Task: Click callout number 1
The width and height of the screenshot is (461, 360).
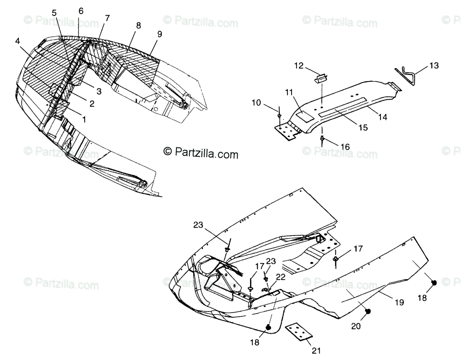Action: pyautogui.click(x=84, y=119)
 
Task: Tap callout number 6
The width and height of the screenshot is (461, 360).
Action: pyautogui.click(x=81, y=11)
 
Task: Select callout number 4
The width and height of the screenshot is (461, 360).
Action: pyautogui.click(x=17, y=41)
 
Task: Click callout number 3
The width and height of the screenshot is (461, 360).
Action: pyautogui.click(x=99, y=91)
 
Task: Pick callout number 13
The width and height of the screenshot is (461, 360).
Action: pyautogui.click(x=434, y=65)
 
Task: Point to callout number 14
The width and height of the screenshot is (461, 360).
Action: pyautogui.click(x=382, y=117)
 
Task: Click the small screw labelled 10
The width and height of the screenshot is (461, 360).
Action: pyautogui.click(x=280, y=114)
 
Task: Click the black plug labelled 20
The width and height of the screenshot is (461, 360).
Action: pyautogui.click(x=368, y=311)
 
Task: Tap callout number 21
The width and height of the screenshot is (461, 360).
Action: pyautogui.click(x=316, y=350)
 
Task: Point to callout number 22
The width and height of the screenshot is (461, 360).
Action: pyautogui.click(x=281, y=277)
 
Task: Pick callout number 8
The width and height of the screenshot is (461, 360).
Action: pyautogui.click(x=138, y=26)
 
